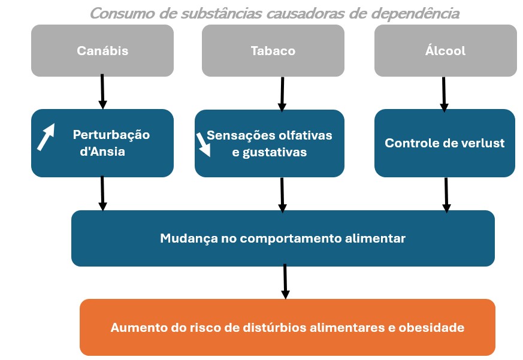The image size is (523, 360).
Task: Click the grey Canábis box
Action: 102,50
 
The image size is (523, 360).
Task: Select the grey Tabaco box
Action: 273,50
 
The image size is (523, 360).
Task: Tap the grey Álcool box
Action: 446,50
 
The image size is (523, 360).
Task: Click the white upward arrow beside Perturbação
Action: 46,137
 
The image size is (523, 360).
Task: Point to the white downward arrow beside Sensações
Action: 204,144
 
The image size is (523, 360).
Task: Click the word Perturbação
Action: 111,134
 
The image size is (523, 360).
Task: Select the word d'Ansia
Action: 102,152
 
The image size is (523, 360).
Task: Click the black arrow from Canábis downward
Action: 102,92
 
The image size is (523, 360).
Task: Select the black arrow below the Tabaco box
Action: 282,94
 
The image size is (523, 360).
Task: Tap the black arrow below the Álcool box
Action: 444,95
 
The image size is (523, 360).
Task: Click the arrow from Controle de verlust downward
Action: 446,195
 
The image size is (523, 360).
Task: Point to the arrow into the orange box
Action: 285,282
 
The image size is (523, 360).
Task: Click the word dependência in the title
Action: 416,14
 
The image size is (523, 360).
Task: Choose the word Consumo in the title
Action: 122,14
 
